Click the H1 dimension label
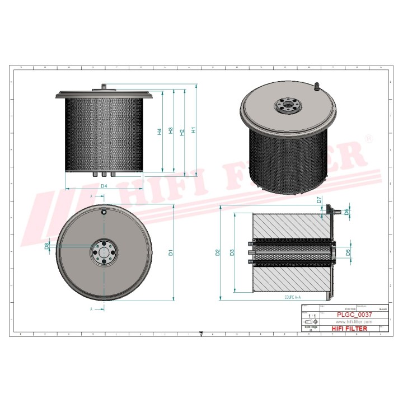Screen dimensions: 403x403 coord(193,130)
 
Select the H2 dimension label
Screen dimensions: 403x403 coord(182,132)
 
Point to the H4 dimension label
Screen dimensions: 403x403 coord(160,132)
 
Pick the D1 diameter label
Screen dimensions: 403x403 coord(171,252)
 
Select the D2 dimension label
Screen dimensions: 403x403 coord(217,252)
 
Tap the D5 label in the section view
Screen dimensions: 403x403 coord(348,252)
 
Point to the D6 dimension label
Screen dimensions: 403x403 coord(348,212)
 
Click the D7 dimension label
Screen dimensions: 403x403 coord(319,200)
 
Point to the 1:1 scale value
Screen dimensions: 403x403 coord(312,316)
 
